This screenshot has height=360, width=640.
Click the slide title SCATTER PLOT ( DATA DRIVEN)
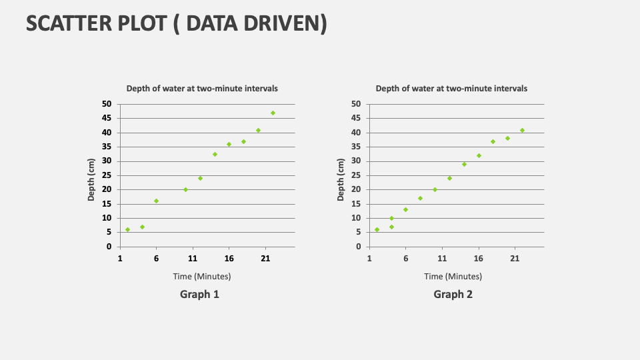(177, 23)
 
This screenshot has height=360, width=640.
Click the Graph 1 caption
(199, 294)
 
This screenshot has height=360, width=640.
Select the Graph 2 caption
(453, 294)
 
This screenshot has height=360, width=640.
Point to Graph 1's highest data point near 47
(273, 113)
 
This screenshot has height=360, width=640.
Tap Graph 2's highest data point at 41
(522, 130)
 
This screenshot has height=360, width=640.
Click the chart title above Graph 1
(203, 88)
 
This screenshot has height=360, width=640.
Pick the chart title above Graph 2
(451, 88)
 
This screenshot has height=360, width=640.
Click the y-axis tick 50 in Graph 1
(107, 104)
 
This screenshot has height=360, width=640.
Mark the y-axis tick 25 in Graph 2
(356, 175)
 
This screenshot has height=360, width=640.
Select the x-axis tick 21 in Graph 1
(265, 259)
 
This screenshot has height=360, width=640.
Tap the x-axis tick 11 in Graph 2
(441, 259)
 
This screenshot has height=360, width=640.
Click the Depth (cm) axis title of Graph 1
(92, 179)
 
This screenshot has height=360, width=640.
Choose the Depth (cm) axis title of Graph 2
(341, 179)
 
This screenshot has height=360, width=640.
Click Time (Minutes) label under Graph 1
(202, 276)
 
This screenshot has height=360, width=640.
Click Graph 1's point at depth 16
(157, 201)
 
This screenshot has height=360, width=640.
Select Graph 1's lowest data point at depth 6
(127, 229)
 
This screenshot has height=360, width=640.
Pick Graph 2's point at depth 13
(405, 209)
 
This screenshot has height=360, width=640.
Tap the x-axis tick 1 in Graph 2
(369, 259)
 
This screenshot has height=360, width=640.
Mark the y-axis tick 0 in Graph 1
(109, 247)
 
